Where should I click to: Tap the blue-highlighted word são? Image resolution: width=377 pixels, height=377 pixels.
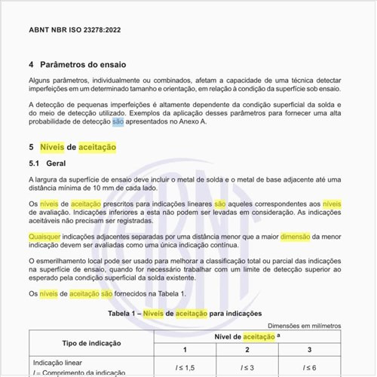coord(118,121)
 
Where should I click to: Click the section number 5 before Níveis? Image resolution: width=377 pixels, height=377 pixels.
coord(31,147)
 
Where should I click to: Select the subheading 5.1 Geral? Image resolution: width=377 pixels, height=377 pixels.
coord(48,164)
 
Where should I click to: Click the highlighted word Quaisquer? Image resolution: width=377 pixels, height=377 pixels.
coord(44,236)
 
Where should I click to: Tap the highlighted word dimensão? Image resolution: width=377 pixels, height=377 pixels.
coord(300,236)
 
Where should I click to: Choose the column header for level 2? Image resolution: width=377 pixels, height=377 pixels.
coord(247,350)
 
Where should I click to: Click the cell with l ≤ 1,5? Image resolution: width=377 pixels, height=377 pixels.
coord(184,366)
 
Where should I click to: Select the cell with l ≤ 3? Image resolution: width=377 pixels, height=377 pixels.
coord(247,366)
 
